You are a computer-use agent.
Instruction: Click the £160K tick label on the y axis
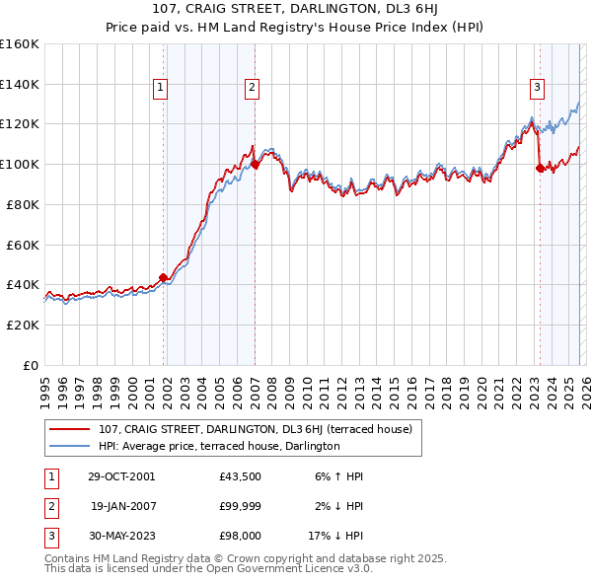(x=20, y=44)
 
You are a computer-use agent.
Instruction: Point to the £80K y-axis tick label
(x=23, y=204)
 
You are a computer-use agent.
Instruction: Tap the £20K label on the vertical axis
(x=23, y=325)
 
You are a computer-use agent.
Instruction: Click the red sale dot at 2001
(x=164, y=277)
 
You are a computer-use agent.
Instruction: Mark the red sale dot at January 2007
(x=255, y=165)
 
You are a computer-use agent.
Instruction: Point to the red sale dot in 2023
(x=540, y=169)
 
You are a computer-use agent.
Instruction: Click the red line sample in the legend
(x=69, y=429)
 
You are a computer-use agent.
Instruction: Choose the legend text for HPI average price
(x=219, y=446)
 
